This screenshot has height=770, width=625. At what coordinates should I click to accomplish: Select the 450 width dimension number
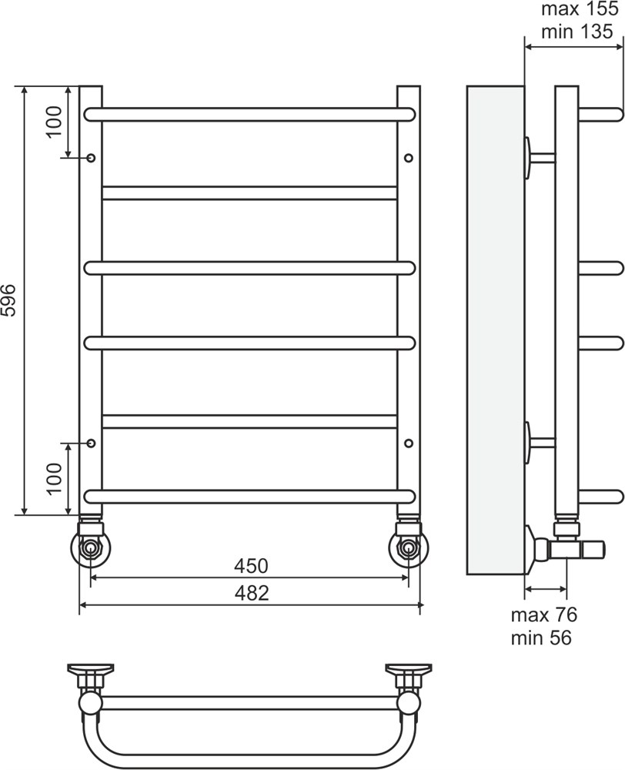click(251, 566)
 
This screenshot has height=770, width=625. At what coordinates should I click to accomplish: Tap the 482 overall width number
click(252, 593)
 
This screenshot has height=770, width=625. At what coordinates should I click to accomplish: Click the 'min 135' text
click(577, 32)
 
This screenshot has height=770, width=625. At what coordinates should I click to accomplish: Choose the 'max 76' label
click(544, 614)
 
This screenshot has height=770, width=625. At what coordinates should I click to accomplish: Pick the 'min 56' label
click(542, 638)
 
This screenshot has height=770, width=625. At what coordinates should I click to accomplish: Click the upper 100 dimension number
click(55, 122)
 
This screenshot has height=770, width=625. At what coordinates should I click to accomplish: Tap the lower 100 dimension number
click(55, 479)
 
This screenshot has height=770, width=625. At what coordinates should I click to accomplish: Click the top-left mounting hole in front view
click(91, 158)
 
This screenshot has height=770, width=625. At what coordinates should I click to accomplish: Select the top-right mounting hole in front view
click(409, 158)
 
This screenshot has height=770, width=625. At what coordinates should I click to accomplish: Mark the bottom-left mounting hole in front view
click(91, 443)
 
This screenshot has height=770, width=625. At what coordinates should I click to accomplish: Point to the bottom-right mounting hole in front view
click(409, 443)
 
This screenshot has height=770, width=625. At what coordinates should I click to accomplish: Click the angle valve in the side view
click(565, 547)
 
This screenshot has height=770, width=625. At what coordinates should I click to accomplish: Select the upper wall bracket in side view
click(540, 158)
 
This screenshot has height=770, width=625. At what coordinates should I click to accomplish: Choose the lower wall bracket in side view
click(540, 443)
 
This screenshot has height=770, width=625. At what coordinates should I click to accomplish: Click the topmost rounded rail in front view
click(250, 114)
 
